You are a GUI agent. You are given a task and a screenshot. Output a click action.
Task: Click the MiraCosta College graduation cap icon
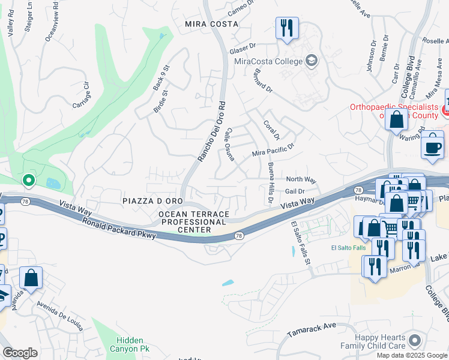click(312, 61)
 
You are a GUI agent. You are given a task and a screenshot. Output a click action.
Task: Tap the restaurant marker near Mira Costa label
click(286, 28)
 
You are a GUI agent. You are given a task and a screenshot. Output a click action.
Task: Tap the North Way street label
click(301, 179)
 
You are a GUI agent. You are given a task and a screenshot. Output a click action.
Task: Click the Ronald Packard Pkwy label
click(119, 229)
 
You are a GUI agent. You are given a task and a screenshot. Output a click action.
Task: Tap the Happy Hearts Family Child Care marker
click(414, 341)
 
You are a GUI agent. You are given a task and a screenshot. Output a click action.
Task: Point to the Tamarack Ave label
click(311, 329)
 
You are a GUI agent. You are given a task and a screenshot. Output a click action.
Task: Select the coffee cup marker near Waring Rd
click(432, 147)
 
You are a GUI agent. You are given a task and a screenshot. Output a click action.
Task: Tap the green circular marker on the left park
click(28, 179)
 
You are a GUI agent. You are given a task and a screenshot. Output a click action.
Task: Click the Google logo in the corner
click(20, 352)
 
